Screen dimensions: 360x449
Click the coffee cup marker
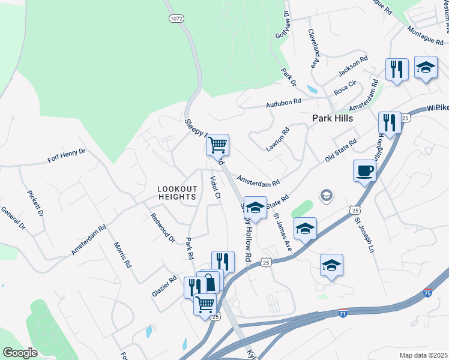tap(364, 171)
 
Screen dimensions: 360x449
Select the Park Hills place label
tap(331, 118)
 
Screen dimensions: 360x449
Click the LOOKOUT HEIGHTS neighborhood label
tap(177, 193)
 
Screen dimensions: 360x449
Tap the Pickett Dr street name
tap(35, 203)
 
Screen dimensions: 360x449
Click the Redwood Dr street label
tap(162, 228)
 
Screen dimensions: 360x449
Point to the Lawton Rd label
tap(277, 139)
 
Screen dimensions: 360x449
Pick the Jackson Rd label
tap(352, 67)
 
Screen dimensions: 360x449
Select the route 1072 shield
tap(175, 19)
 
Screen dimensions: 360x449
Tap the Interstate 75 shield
tap(427, 292)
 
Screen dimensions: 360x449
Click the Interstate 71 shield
tap(342, 313)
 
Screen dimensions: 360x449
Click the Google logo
tap(20, 353)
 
